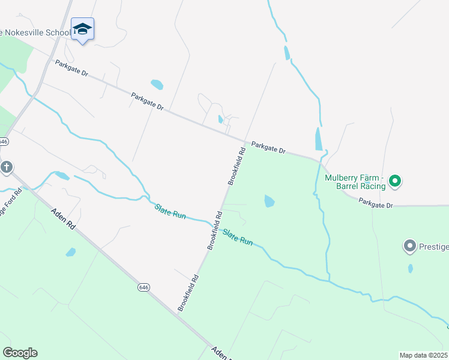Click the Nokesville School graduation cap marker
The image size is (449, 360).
(x=82, y=29)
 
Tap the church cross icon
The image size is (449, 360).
(x=7, y=167)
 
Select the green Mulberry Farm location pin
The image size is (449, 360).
(x=395, y=180)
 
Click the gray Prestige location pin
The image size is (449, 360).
(x=410, y=246)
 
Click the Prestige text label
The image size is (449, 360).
(x=434, y=246)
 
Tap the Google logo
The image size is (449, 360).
(x=20, y=353)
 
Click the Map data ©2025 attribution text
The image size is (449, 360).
(x=424, y=355)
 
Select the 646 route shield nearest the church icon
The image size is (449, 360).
(x=4, y=142)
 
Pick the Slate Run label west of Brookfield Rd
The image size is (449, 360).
(x=170, y=211)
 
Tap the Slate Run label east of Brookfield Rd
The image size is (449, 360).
(x=238, y=236)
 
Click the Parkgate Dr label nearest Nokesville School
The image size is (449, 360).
(x=71, y=68)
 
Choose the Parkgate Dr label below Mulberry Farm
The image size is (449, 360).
(x=376, y=205)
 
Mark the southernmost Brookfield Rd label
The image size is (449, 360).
(x=188, y=293)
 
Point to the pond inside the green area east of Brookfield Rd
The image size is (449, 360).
(x=270, y=202)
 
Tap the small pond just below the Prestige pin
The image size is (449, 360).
(x=411, y=268)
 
